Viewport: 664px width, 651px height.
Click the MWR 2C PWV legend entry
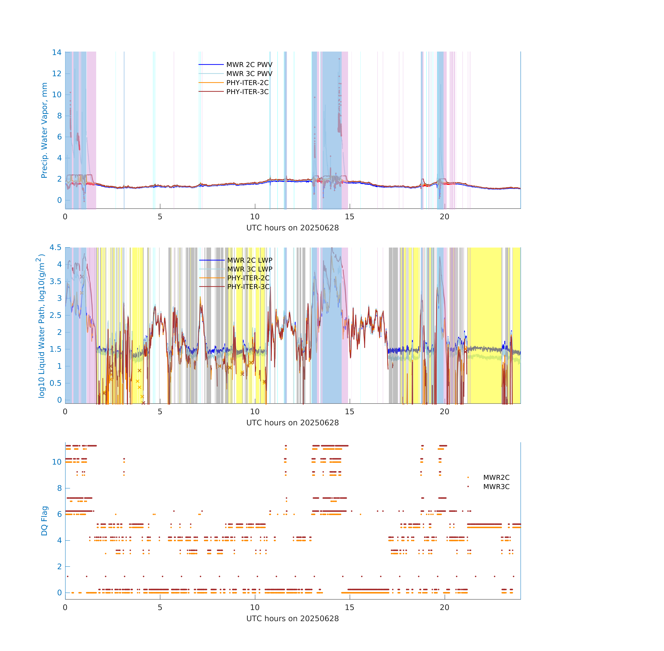[249, 65]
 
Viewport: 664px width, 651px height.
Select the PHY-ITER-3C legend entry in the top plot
[247, 92]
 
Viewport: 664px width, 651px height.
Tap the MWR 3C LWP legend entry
[250, 269]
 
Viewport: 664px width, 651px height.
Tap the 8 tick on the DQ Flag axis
[59, 488]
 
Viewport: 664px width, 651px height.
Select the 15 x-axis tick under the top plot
[349, 216]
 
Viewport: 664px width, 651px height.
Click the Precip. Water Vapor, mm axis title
[44, 130]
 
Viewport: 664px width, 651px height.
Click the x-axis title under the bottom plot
[292, 619]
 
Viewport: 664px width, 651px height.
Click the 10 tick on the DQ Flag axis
[57, 462]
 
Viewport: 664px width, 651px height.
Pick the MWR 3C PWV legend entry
[249, 73]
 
